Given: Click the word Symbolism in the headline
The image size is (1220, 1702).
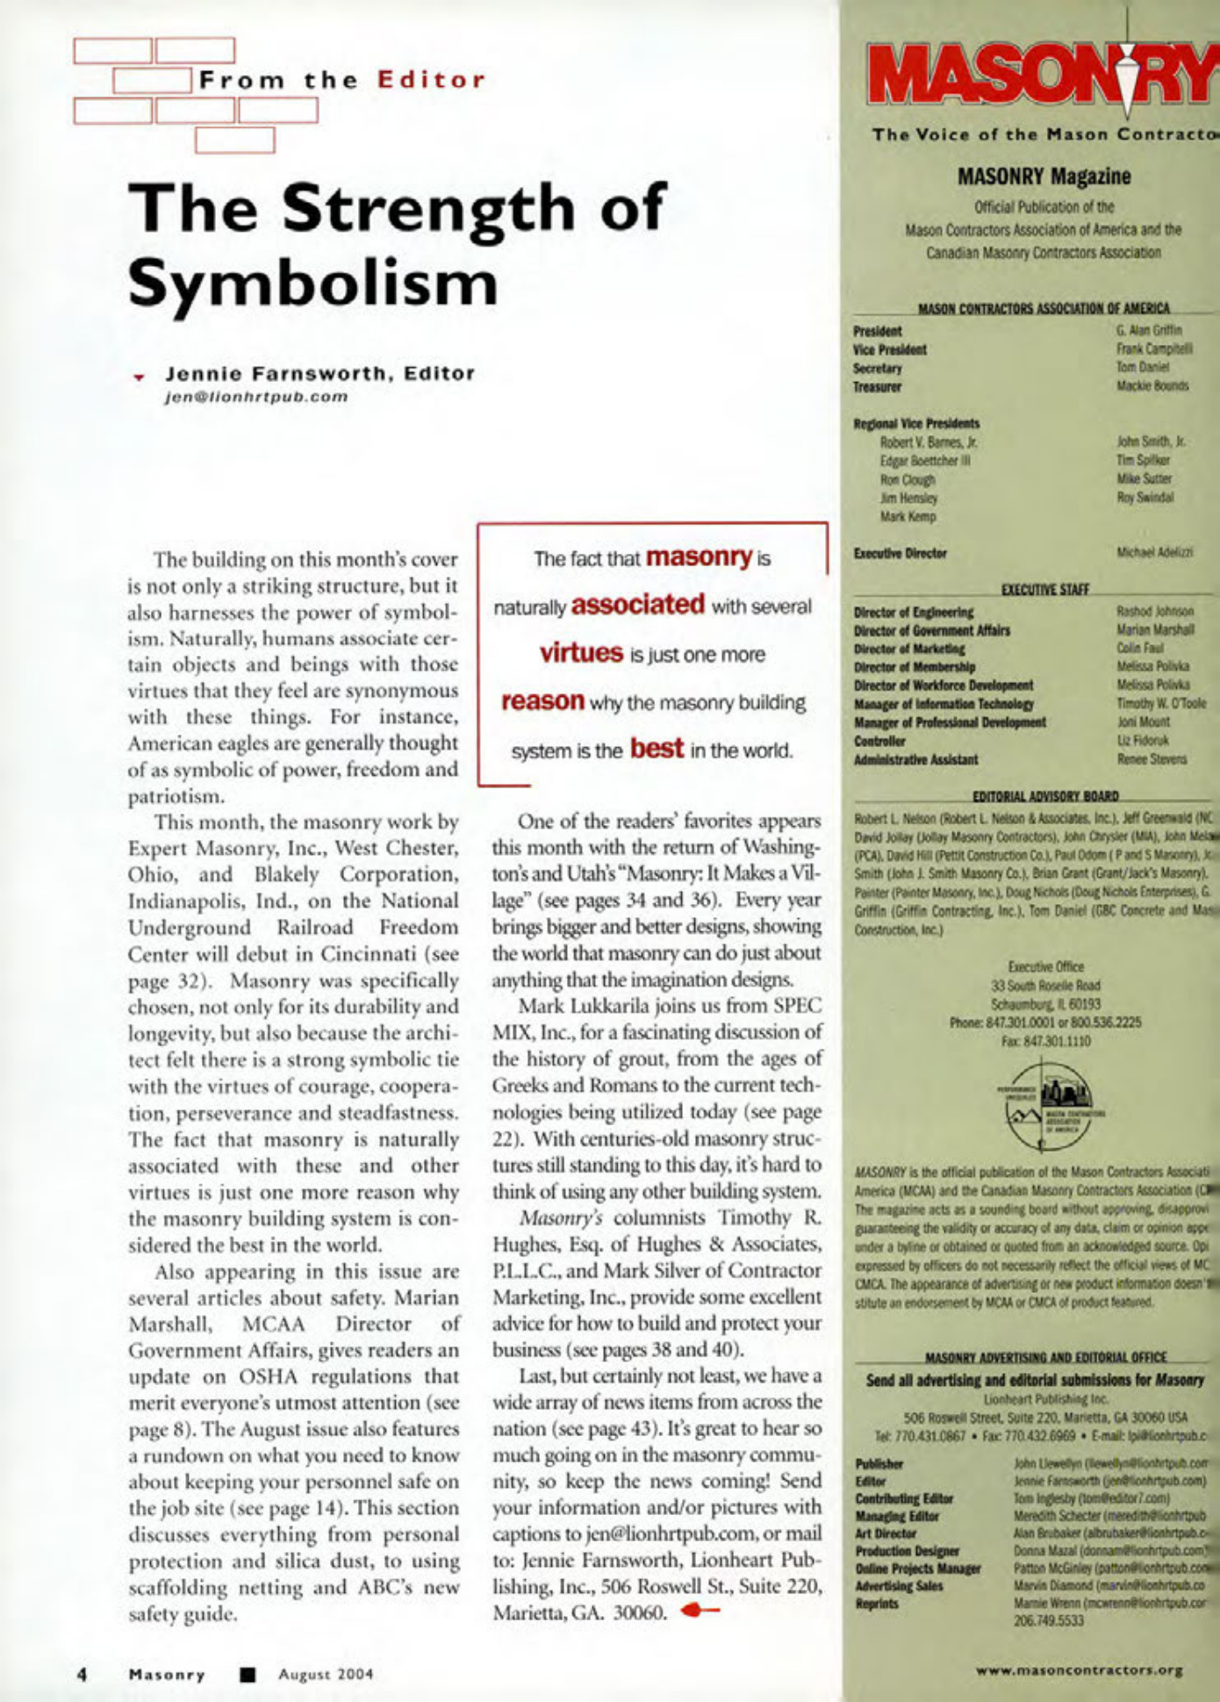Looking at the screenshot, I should [312, 283].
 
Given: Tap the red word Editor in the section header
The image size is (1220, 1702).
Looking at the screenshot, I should [431, 81].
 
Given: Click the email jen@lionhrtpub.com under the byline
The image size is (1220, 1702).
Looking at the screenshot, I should [257, 396].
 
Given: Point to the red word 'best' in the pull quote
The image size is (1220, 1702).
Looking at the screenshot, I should [657, 749].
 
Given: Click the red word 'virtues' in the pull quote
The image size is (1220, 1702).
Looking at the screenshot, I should [581, 653].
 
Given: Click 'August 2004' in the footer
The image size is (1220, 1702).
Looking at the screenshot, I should [326, 1674].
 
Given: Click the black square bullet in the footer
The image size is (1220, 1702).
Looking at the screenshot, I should [248, 1674].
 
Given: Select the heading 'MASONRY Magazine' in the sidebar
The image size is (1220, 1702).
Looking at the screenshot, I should [1044, 176].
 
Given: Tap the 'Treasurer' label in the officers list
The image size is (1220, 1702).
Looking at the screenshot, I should [877, 386].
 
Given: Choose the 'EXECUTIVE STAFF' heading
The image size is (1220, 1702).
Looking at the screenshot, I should [1044, 590].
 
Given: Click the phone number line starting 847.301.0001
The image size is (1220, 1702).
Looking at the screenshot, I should [1044, 1023].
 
